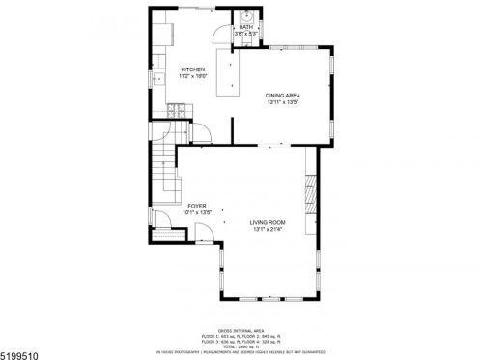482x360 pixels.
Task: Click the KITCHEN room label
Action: pos(193,69)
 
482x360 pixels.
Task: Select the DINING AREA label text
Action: pos(283,95)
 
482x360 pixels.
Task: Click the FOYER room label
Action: pos(197,206)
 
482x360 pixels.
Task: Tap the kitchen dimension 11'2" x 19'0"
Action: pos(193,76)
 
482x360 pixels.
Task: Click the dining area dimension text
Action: pos(283,101)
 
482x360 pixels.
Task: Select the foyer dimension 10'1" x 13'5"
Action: pos(197,212)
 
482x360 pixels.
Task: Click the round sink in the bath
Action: pos(246,14)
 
